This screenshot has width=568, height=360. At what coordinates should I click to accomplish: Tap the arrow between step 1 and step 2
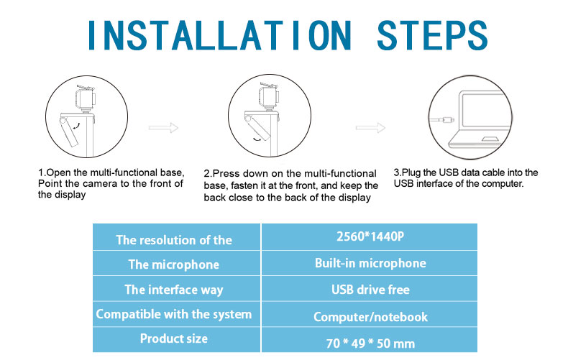tap(163, 128)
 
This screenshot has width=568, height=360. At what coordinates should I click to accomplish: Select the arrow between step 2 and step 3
tap(371, 128)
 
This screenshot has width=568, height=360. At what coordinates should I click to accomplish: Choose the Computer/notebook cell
tap(370, 316)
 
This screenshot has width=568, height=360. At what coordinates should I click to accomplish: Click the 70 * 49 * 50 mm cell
tap(370, 343)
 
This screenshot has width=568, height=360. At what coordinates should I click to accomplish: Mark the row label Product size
tap(174, 338)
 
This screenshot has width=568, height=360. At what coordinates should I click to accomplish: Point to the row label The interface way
tap(174, 290)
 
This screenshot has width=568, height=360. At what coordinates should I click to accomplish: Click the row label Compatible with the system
tap(174, 314)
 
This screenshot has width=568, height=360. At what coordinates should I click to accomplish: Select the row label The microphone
tap(174, 264)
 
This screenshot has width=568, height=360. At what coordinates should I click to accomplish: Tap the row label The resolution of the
tap(174, 240)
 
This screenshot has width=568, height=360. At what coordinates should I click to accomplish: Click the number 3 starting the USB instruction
tap(397, 173)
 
